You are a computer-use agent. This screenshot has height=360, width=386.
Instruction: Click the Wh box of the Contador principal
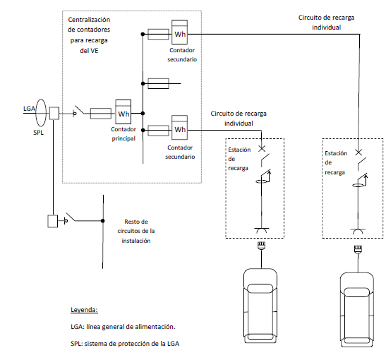point(123,112)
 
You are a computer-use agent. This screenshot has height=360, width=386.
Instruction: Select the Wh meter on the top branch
point(179,32)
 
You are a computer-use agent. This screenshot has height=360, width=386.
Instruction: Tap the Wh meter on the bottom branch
point(179,127)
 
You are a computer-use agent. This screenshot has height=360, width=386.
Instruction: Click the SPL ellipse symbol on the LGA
point(41,112)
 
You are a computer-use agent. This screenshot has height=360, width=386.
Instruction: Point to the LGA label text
point(29,108)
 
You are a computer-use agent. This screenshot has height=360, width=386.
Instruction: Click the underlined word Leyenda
point(84,309)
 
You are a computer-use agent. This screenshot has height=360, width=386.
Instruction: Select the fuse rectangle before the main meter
point(101,114)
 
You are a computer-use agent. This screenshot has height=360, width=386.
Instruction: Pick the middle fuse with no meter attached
point(158,83)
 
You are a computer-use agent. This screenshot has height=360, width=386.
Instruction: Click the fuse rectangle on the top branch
point(158,34)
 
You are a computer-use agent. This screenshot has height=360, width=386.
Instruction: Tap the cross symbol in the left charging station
point(262,148)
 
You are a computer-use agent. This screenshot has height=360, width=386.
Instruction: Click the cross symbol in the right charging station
point(358,152)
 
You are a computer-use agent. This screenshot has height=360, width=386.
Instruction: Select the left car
point(260,306)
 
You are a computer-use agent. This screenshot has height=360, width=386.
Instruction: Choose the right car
point(357,309)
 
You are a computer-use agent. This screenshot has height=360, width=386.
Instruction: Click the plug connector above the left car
point(261,246)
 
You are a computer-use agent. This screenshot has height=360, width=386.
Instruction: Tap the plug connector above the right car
point(358,249)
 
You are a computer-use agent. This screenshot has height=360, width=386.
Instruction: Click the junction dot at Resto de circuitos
point(102,221)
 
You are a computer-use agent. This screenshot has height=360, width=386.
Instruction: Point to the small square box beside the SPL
point(54,113)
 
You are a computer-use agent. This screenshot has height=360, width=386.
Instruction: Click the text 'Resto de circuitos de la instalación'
point(136,231)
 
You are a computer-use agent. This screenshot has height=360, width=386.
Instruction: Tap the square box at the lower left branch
point(53,221)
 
